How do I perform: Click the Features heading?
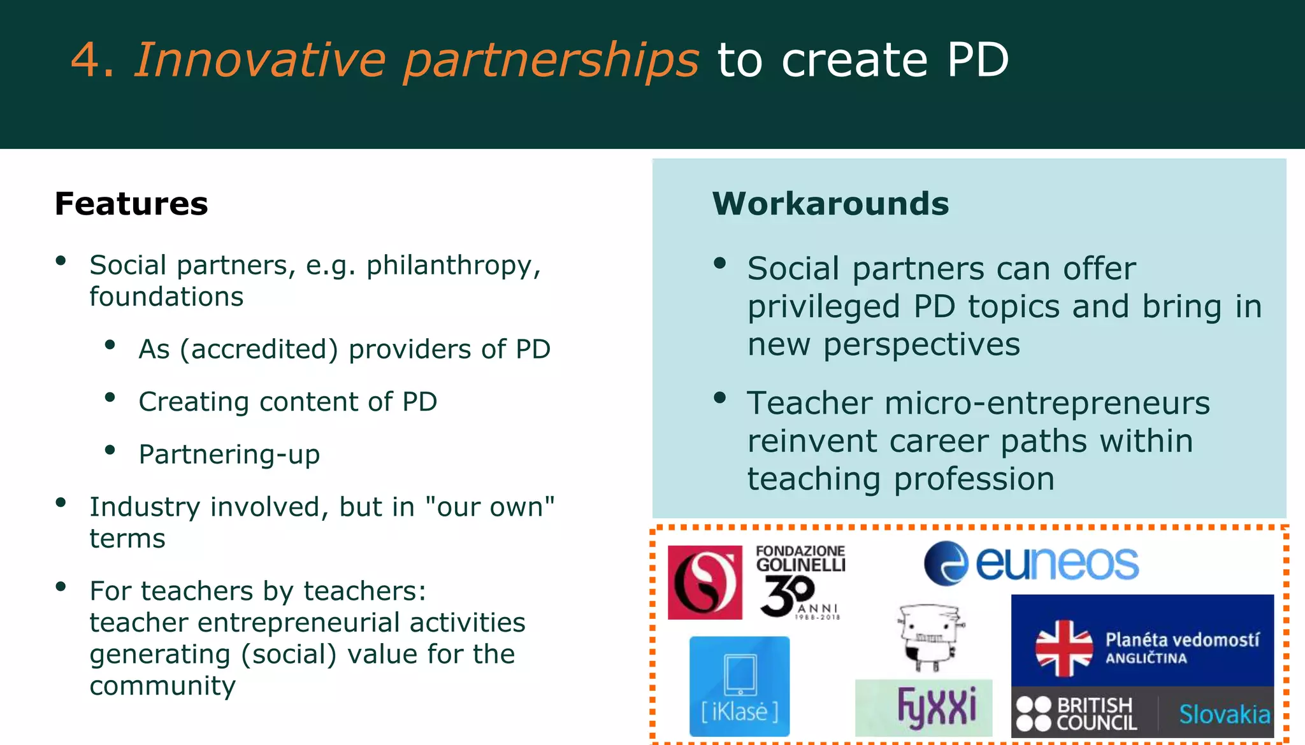(x=131, y=204)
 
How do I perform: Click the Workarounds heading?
(x=830, y=204)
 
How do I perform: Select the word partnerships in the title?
(x=551, y=60)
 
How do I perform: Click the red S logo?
(x=705, y=582)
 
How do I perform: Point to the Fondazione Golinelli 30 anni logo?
(x=800, y=581)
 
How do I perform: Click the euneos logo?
(x=1031, y=564)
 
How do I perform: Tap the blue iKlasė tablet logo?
(x=739, y=686)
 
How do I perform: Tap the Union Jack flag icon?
(x=1063, y=648)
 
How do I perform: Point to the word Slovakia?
(x=1224, y=714)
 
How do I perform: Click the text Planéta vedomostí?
(x=1182, y=639)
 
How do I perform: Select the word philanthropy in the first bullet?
(x=453, y=266)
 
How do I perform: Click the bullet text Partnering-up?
(x=229, y=455)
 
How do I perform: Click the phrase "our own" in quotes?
(x=489, y=507)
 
